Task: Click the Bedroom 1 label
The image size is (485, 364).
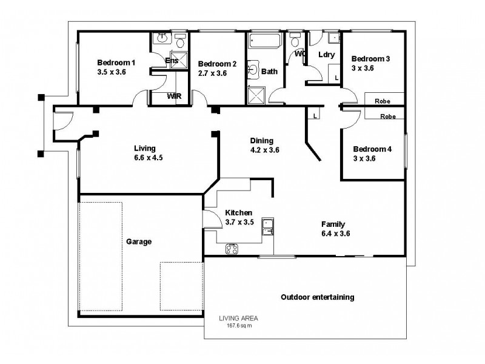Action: pos(116,62)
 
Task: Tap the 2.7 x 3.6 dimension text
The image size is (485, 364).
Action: pos(212,73)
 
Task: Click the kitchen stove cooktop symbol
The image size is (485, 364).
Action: pos(232,248)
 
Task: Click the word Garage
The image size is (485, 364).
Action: pos(139,241)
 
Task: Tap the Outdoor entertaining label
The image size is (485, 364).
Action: pos(318,297)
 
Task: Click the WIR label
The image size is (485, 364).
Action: pos(173,96)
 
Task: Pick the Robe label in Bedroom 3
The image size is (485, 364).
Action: pos(381,101)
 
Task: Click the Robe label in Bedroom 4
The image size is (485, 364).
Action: pos(388,116)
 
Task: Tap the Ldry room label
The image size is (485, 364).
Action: pos(326,55)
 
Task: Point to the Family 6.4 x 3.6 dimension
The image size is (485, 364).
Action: pos(336,233)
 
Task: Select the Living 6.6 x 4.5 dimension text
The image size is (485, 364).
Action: pos(144,158)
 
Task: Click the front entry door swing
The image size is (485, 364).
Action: pos(59,122)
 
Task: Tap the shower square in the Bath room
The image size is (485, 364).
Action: pos(256,95)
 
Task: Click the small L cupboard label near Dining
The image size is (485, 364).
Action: pos(316,115)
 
